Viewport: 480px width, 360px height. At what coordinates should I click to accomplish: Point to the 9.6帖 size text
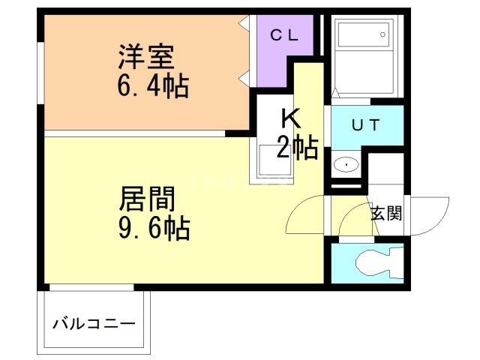pyautogui.click(x=154, y=227)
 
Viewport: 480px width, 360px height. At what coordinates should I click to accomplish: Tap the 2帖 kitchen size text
pyautogui.click(x=297, y=147)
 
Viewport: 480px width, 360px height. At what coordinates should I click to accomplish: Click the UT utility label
pyautogui.click(x=367, y=126)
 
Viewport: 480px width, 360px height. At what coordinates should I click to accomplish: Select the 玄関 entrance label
pyautogui.click(x=385, y=213)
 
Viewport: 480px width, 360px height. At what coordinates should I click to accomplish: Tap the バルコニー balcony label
pyautogui.click(x=94, y=325)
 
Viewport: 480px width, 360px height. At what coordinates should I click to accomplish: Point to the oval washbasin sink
pyautogui.click(x=345, y=164)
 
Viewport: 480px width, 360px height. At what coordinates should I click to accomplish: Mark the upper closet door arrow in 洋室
pyautogui.click(x=244, y=26)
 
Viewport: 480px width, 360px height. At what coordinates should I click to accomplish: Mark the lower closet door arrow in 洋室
pyautogui.click(x=244, y=77)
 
